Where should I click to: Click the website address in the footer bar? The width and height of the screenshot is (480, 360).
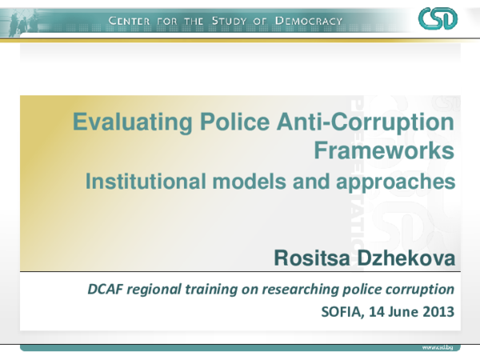tap(438, 350)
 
